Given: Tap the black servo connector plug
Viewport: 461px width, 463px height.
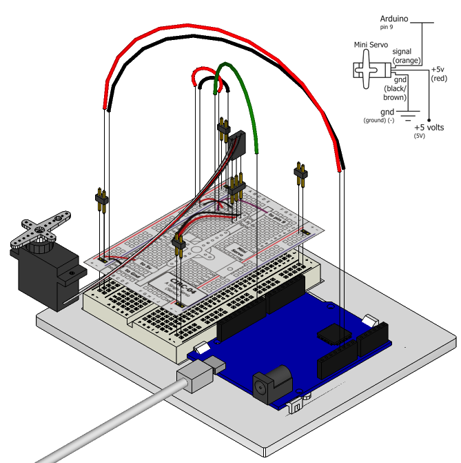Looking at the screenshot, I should (238, 145).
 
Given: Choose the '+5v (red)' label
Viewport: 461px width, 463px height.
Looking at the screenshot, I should (439, 74).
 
